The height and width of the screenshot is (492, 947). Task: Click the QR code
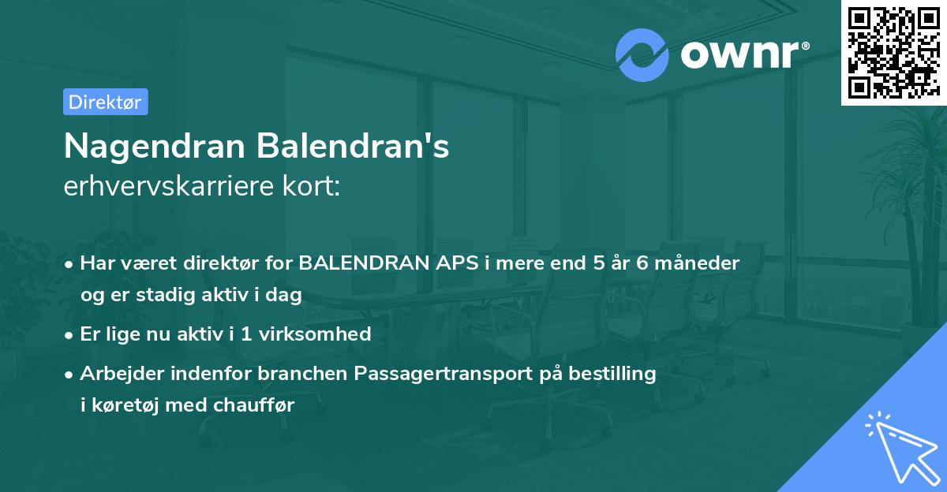click(x=893, y=52)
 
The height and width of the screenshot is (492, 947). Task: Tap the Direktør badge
click(x=105, y=102)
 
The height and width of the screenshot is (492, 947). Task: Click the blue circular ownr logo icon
click(x=642, y=55)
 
